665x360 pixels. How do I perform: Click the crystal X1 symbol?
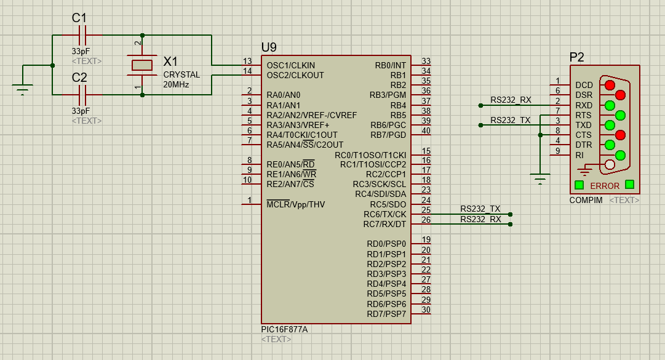[x=142, y=65]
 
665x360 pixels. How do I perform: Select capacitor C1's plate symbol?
[x=82, y=35]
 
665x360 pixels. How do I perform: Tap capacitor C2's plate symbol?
[x=82, y=95]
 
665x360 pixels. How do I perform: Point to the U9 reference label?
[x=269, y=47]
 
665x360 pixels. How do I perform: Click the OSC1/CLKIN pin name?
[x=291, y=65]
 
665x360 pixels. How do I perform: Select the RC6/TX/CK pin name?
[x=384, y=214]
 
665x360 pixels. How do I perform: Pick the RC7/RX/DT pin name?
[x=384, y=224]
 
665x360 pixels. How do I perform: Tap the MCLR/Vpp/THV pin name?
[x=296, y=204]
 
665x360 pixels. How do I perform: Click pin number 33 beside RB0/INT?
[x=426, y=61]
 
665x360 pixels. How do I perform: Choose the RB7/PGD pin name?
[x=388, y=135]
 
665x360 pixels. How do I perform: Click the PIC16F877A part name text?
[x=285, y=329]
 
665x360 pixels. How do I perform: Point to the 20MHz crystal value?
[x=176, y=84]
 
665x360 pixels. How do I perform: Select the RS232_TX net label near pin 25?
[x=480, y=209]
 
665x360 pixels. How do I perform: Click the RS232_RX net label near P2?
[x=511, y=100]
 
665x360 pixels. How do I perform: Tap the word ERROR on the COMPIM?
[x=605, y=186]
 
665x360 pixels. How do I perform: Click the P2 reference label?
[x=577, y=57]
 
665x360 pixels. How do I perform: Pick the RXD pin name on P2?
[x=584, y=105]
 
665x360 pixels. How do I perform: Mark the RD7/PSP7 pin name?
[x=386, y=314]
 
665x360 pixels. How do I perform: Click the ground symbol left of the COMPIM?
[x=540, y=178]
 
